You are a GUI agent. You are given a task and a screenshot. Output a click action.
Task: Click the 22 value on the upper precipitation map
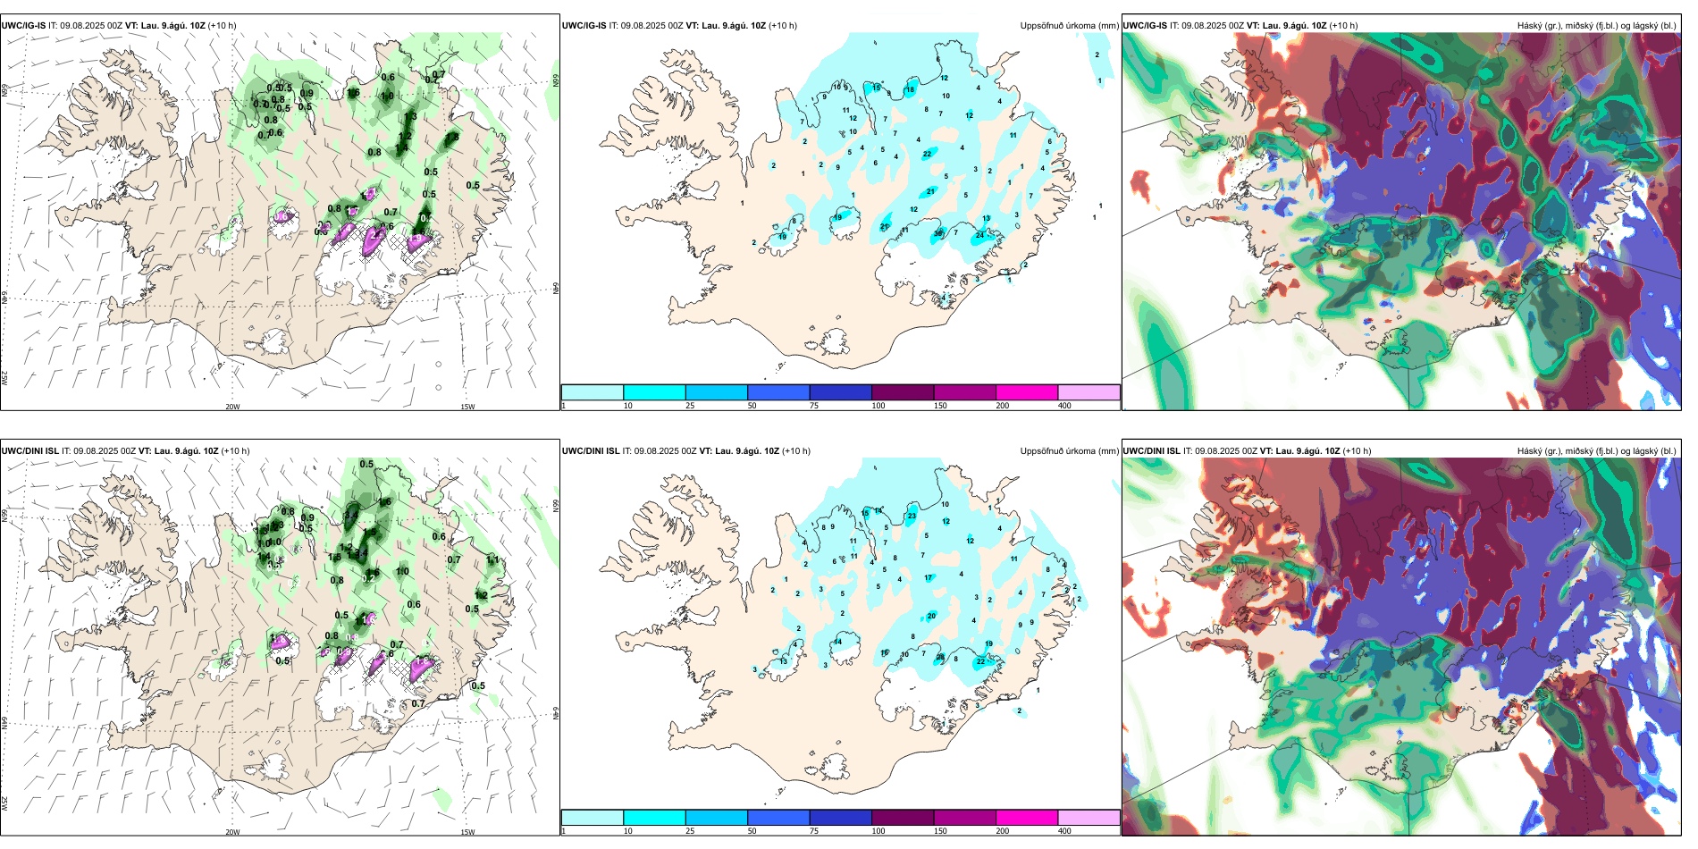(x=927, y=154)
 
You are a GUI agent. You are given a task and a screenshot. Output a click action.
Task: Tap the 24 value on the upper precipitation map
(x=980, y=235)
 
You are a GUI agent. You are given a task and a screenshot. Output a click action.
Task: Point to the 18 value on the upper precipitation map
(x=910, y=90)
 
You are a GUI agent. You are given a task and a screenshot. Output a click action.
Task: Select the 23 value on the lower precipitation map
(x=912, y=517)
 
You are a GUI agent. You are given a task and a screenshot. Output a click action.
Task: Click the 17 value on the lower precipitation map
(x=929, y=578)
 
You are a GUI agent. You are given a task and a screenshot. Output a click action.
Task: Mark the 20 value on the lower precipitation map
(x=931, y=616)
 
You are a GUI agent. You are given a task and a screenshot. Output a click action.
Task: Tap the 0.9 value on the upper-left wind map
(x=307, y=93)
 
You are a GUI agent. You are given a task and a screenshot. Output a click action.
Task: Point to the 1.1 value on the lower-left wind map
(x=492, y=559)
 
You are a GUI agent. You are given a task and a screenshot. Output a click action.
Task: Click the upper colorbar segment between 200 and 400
(x=1089, y=392)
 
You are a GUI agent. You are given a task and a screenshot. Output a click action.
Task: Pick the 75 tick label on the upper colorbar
(x=814, y=406)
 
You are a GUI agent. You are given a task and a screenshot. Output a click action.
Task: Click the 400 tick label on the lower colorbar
(x=1064, y=831)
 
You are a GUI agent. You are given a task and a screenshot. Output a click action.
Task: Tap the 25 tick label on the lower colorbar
(x=690, y=831)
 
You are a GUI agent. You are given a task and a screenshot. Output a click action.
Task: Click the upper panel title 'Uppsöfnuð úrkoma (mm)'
(x=1069, y=26)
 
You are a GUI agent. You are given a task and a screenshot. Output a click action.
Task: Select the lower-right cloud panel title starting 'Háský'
(x=1596, y=451)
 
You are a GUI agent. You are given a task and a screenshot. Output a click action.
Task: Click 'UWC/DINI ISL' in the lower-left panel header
(x=29, y=451)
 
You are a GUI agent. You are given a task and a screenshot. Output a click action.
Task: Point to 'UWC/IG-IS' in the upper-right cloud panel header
(x=1145, y=26)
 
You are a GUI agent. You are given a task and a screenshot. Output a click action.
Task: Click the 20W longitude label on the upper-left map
(x=232, y=407)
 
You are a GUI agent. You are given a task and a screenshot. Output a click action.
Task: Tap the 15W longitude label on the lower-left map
(x=467, y=832)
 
